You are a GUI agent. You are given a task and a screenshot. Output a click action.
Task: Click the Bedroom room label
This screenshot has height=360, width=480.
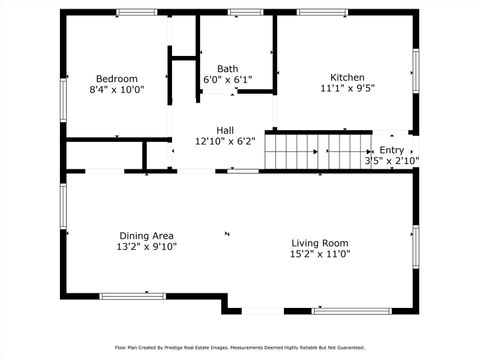click(x=116, y=78)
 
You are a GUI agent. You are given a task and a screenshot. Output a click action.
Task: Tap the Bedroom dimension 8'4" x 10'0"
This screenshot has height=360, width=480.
click(x=116, y=89)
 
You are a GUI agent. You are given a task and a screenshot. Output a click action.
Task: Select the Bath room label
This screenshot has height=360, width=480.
click(x=228, y=68)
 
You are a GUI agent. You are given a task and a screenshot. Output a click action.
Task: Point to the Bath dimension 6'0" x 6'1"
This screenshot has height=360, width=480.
click(x=228, y=79)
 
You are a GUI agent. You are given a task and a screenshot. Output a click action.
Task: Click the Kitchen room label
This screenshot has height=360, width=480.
click(x=347, y=77)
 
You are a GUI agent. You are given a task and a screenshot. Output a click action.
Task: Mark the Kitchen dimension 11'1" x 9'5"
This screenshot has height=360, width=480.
click(x=347, y=88)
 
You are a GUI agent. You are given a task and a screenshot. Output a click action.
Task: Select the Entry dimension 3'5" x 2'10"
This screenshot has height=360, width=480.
click(x=391, y=160)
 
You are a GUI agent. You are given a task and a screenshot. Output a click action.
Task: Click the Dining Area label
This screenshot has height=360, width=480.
click(x=147, y=235)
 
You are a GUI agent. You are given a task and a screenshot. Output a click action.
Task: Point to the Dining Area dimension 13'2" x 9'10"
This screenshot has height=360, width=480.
click(x=147, y=246)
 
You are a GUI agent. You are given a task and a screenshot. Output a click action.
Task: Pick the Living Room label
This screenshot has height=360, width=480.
click(x=319, y=243)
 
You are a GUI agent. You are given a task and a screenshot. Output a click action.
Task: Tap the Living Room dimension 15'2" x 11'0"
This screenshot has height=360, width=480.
click(x=319, y=254)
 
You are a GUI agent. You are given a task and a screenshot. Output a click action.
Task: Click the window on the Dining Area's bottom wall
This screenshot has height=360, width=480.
click(x=132, y=295)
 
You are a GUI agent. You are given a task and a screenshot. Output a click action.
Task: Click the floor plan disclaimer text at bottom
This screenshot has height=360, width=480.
click(x=240, y=347)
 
